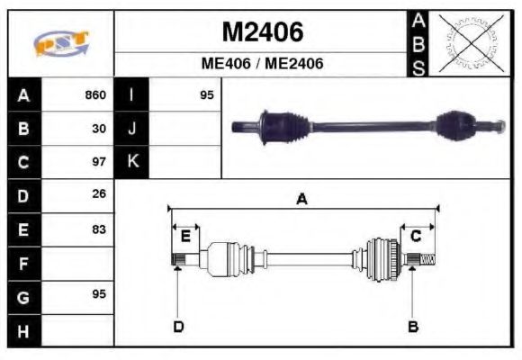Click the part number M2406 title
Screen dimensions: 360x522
coord(262,33)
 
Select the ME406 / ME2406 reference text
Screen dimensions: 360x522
coord(262,64)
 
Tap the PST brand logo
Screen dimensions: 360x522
coord(61,44)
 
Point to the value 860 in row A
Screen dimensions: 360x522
coord(95,94)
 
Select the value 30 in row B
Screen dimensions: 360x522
coord(99,128)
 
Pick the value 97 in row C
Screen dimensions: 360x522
coord(99,161)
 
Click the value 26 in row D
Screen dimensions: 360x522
coord(99,194)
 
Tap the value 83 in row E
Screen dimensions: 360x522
coord(99,229)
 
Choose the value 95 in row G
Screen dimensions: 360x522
coord(99,294)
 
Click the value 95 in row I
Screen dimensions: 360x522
coord(206,94)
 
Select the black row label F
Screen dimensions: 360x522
coord(23,262)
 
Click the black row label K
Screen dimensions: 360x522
coord(132,161)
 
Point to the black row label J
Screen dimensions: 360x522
coord(132,128)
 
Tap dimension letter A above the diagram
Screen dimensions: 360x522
coord(302,200)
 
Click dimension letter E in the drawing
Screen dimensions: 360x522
coord(185,236)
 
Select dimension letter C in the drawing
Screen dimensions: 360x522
coord(416,236)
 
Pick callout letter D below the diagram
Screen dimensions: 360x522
coord(178,326)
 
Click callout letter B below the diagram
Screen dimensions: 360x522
coord(413,326)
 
